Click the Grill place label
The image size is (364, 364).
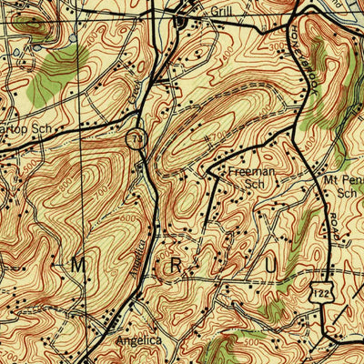tap(222, 11)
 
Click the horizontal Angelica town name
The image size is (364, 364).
tap(138, 340)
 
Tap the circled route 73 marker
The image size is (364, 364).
tap(136, 139)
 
